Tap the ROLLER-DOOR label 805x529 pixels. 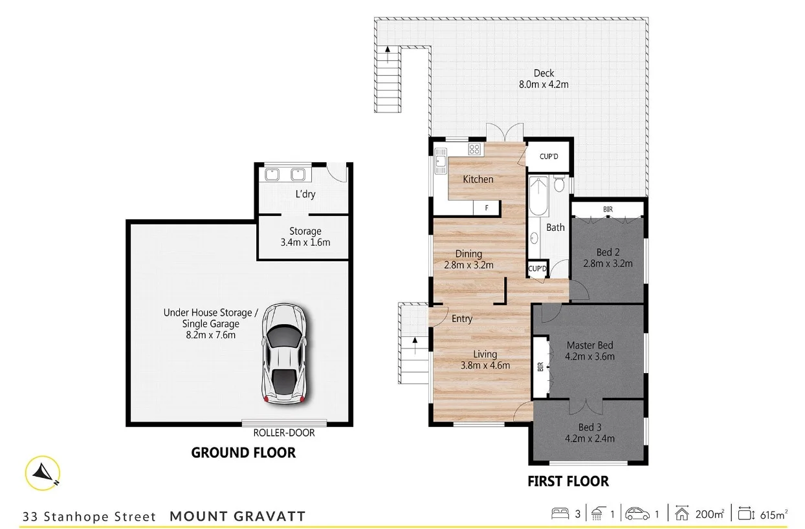(x=284, y=433)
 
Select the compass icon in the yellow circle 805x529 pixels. (x=44, y=473)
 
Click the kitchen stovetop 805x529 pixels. (x=474, y=149)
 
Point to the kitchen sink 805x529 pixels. (x=441, y=158)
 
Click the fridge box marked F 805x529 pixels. (x=485, y=208)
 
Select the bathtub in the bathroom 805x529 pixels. (x=538, y=196)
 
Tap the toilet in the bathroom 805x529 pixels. (x=559, y=184)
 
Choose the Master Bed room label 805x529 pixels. (x=590, y=345)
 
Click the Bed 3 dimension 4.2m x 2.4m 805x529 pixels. (x=590, y=438)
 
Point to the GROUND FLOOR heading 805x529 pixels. (x=243, y=453)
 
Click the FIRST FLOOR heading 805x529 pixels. (x=568, y=481)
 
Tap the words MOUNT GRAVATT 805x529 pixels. (x=237, y=516)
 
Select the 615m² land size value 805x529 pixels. (x=773, y=515)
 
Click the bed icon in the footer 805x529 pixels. (x=560, y=515)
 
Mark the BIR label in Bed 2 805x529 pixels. (x=608, y=210)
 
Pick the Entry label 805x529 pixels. (x=462, y=319)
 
